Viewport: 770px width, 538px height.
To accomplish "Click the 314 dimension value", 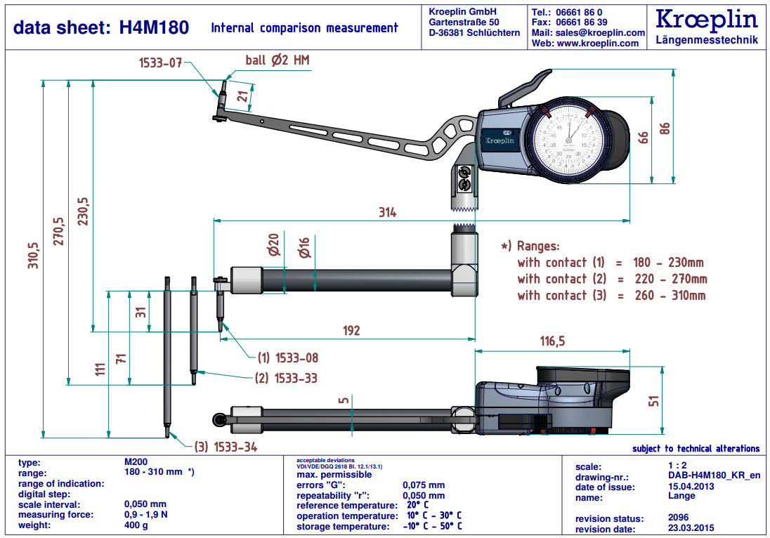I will click(387, 212).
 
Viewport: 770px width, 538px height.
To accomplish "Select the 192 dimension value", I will click(351, 330).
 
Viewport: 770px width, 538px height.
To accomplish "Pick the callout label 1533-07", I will click(159, 63).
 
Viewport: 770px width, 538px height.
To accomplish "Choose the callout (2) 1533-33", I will click(287, 378).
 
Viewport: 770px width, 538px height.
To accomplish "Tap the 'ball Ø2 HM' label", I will click(277, 60).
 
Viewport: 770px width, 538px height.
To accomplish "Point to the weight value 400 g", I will click(136, 525).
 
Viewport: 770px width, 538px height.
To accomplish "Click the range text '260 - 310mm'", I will click(665, 296).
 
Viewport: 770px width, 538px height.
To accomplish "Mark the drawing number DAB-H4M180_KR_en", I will click(714, 475).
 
